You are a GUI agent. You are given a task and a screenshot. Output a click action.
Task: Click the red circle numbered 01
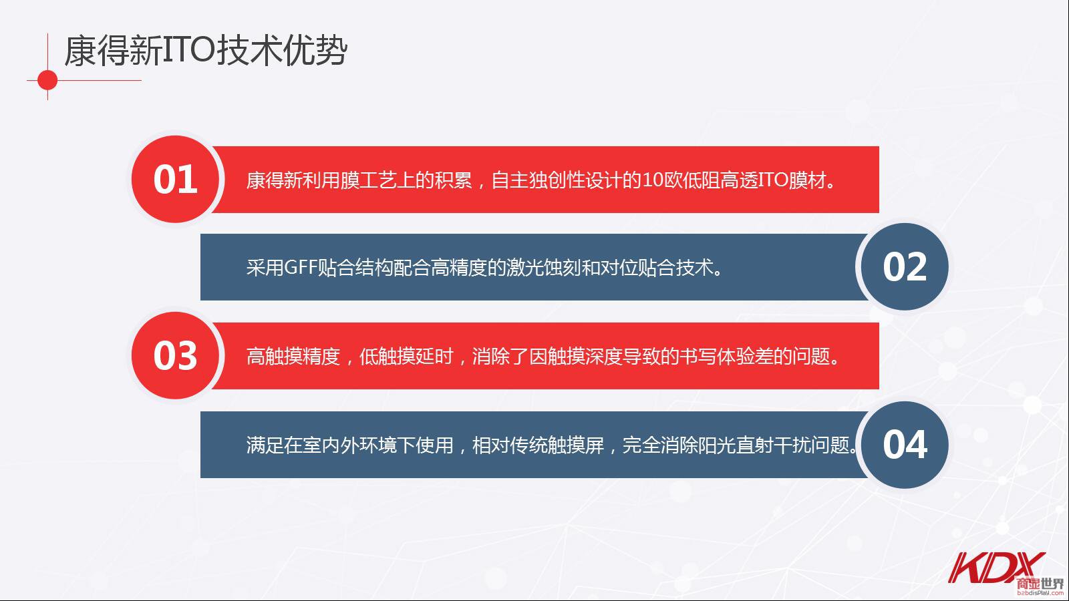tap(175, 180)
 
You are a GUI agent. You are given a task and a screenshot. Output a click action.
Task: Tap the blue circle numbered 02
tap(905, 266)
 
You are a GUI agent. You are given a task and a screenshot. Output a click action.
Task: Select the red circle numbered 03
tap(175, 355)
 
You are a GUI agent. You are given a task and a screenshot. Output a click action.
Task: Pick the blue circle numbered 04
tap(905, 445)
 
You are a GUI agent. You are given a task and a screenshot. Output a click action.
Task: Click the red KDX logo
tap(995, 568)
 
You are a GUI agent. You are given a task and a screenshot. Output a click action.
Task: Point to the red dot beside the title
tap(47, 80)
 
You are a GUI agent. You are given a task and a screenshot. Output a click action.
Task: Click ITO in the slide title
tap(188, 51)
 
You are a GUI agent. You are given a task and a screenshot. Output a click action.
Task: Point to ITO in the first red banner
tap(773, 180)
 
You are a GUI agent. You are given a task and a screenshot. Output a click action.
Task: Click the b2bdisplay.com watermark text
tap(1040, 593)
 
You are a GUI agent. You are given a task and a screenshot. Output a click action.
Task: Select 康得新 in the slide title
tap(113, 51)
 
